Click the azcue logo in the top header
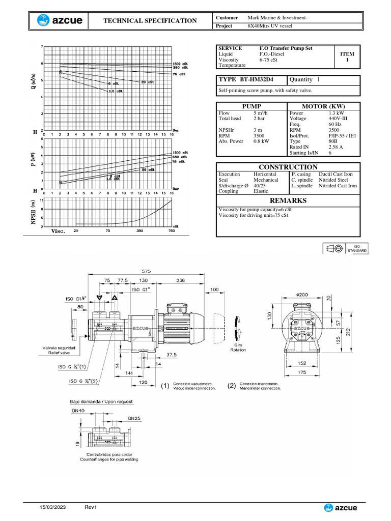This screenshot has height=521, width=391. (x=57, y=20)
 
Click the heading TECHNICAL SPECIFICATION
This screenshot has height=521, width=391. (x=150, y=21)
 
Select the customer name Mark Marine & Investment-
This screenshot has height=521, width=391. (x=277, y=18)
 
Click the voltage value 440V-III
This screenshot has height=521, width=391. (x=340, y=118)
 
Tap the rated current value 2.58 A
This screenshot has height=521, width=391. (x=337, y=147)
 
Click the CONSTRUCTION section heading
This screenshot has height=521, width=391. (x=288, y=167)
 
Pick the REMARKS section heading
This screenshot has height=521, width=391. (x=288, y=200)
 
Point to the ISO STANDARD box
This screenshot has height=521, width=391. (x=356, y=248)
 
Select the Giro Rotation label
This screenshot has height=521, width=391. (x=237, y=347)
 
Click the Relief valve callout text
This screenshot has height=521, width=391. (x=62, y=351)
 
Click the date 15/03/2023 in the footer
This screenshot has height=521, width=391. (x=53, y=507)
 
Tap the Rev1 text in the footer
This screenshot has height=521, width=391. (x=91, y=507)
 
